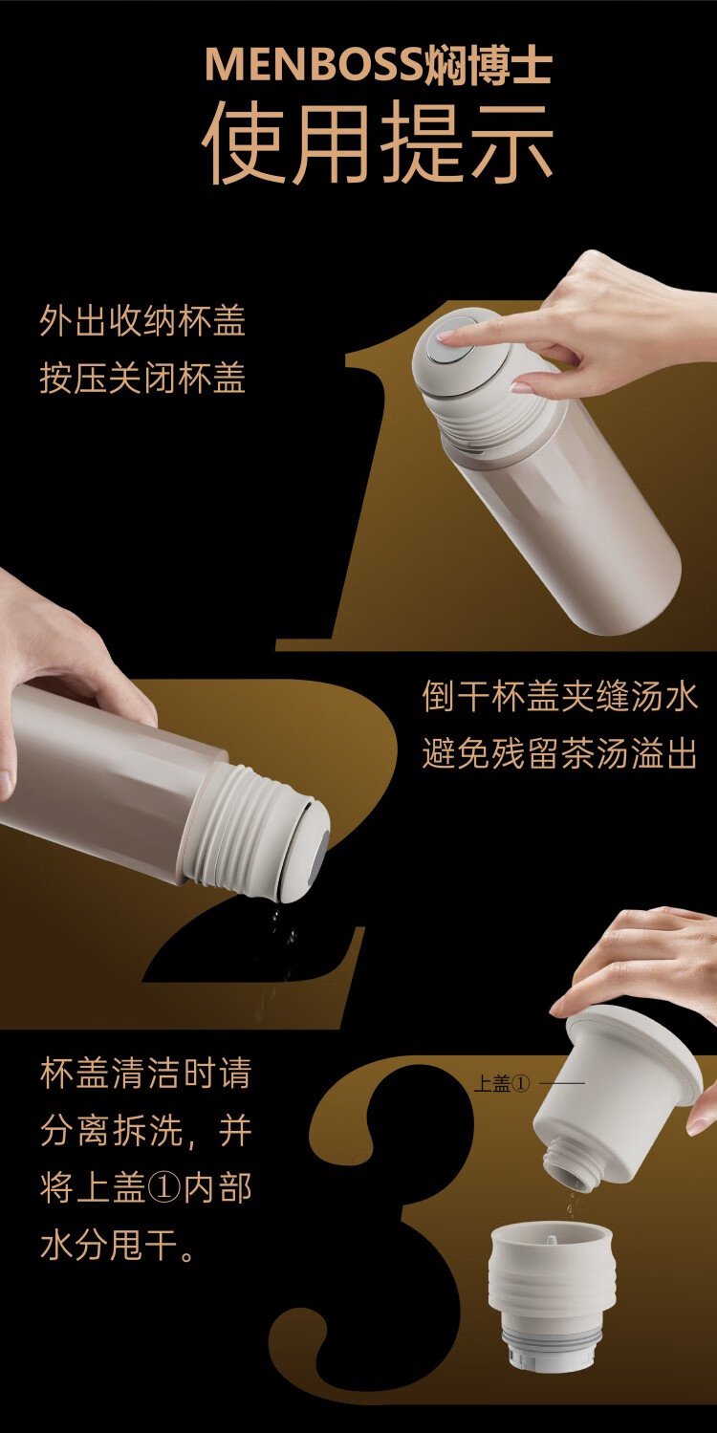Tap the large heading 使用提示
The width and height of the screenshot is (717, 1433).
pyautogui.click(x=379, y=143)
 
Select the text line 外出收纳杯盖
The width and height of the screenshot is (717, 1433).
pyautogui.click(x=142, y=320)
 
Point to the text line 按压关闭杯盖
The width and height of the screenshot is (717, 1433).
pyautogui.click(x=142, y=379)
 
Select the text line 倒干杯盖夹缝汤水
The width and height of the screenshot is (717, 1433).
pyautogui.click(x=559, y=697)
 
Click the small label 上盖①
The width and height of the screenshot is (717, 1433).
pyautogui.click(x=502, y=1083)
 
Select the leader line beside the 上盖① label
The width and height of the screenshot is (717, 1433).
pyautogui.click(x=562, y=1083)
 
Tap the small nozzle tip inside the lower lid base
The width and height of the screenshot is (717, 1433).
pyautogui.click(x=551, y=1237)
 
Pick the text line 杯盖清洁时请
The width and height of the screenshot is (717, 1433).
pyautogui.click(x=146, y=1074)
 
